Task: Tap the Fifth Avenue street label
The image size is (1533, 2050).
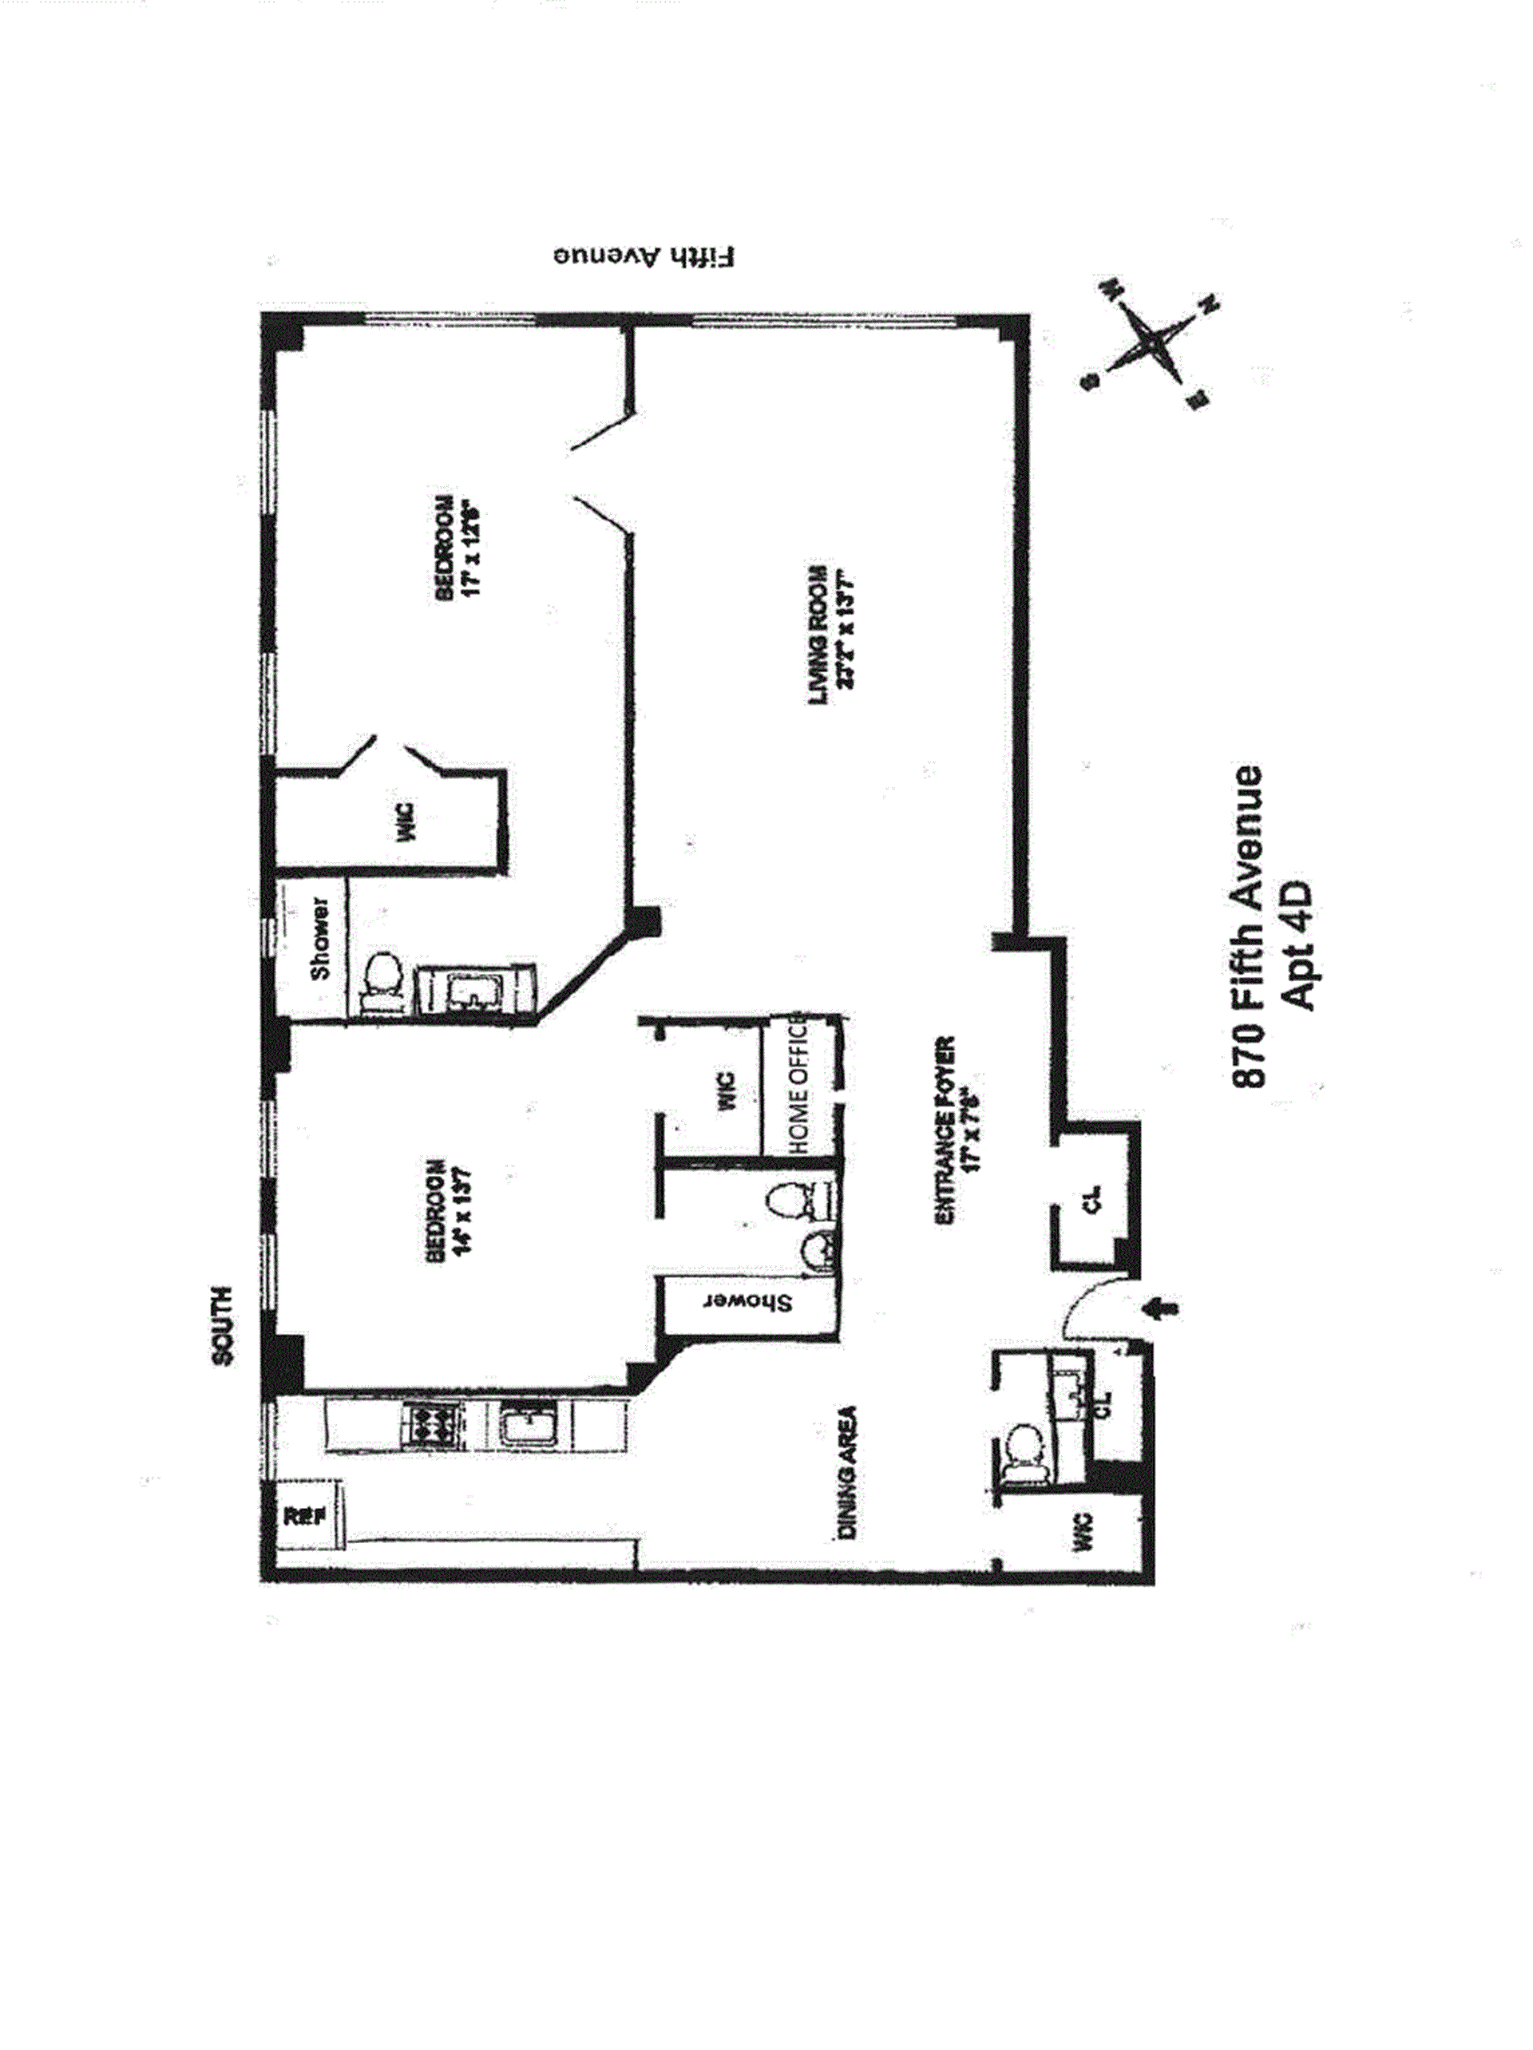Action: pyautogui.click(x=644, y=257)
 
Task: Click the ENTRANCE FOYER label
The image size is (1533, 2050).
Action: pyautogui.click(x=957, y=1130)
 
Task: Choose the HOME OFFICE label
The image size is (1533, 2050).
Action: pyautogui.click(x=798, y=1086)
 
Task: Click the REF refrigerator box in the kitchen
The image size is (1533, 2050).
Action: pyautogui.click(x=303, y=1516)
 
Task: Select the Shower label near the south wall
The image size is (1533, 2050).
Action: pyautogui.click(x=319, y=938)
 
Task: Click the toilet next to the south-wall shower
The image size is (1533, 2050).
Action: pyautogui.click(x=380, y=979)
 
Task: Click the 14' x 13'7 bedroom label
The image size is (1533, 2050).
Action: pyautogui.click(x=450, y=1209)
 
